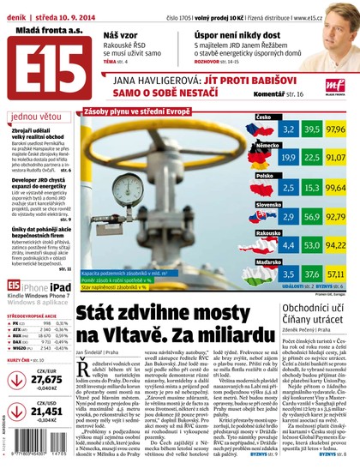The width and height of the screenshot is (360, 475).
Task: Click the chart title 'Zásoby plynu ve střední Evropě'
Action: pos(138,111)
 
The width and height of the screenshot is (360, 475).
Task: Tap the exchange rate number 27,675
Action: pos(46,379)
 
